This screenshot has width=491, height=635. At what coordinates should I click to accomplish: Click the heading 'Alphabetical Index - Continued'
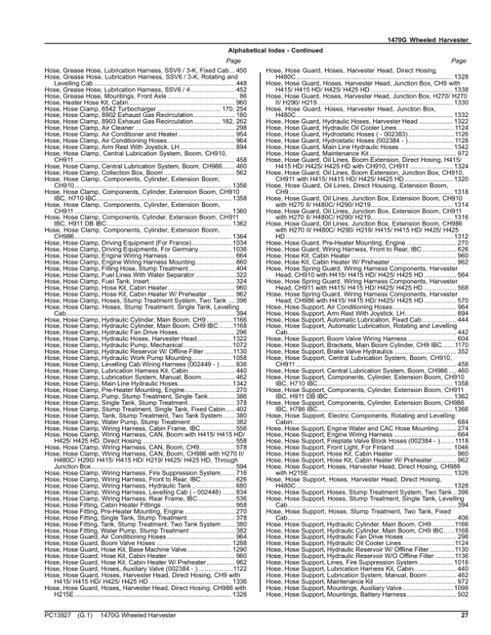(245, 49)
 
